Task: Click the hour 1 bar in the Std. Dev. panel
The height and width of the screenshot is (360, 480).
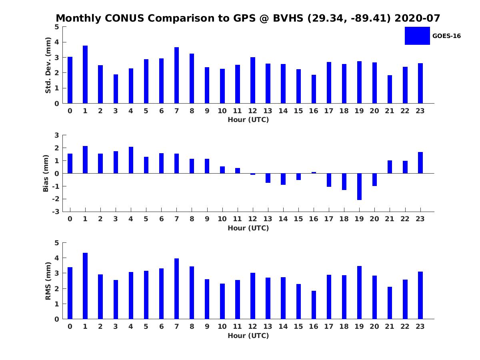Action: [85, 75]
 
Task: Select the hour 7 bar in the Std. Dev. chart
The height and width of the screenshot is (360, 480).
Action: [176, 76]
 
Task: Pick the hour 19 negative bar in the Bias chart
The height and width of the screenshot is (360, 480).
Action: [359, 186]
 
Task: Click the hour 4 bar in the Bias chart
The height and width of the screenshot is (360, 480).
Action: [131, 160]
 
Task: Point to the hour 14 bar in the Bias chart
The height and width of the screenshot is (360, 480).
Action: [283, 179]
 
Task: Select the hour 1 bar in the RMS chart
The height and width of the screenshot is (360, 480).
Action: [85, 286]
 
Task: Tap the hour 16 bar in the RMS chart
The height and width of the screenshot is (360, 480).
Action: [314, 305]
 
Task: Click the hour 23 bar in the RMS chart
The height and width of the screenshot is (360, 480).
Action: [420, 295]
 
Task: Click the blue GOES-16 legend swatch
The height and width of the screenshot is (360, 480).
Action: [417, 36]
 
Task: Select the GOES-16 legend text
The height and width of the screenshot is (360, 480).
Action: [446, 36]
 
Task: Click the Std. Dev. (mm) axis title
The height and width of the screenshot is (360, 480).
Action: [48, 65]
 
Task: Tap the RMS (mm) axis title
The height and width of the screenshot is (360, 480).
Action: [48, 281]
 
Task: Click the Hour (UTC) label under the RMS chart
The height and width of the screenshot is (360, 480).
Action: [248, 336]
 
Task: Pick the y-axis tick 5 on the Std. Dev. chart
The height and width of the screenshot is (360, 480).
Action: [57, 27]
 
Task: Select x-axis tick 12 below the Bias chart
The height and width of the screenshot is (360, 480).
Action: [252, 219]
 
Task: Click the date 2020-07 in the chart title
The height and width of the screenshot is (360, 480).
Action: [418, 18]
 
